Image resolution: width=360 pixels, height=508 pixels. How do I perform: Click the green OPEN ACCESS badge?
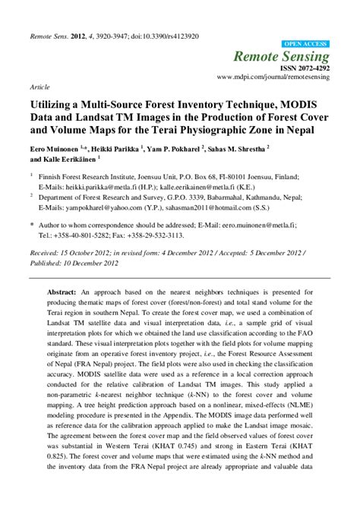[306, 44]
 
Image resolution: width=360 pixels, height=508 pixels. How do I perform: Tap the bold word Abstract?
[61, 292]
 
